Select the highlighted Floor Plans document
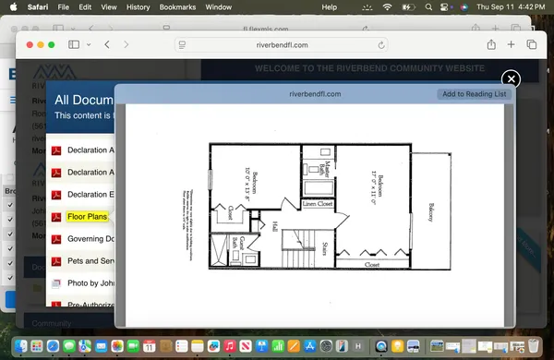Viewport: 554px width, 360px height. pyautogui.click(x=87, y=217)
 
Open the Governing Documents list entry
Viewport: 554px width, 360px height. pyautogui.click(x=90, y=239)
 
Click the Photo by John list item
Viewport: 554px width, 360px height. pyautogui.click(x=90, y=283)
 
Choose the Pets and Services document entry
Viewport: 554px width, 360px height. pyautogui.click(x=90, y=261)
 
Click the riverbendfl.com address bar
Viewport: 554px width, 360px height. pyautogui.click(x=282, y=44)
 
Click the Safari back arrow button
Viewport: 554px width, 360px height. pyautogui.click(x=108, y=44)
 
